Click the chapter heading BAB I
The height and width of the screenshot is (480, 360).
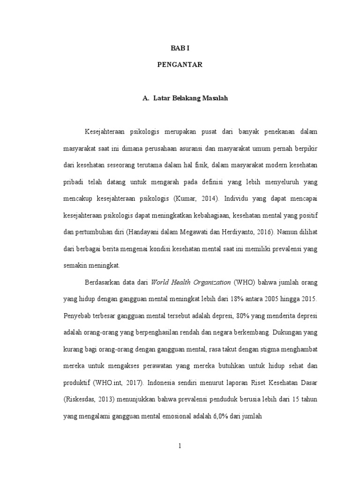pyautogui.click(x=180, y=48)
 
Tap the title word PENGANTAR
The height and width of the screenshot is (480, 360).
pyautogui.click(x=180, y=65)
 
